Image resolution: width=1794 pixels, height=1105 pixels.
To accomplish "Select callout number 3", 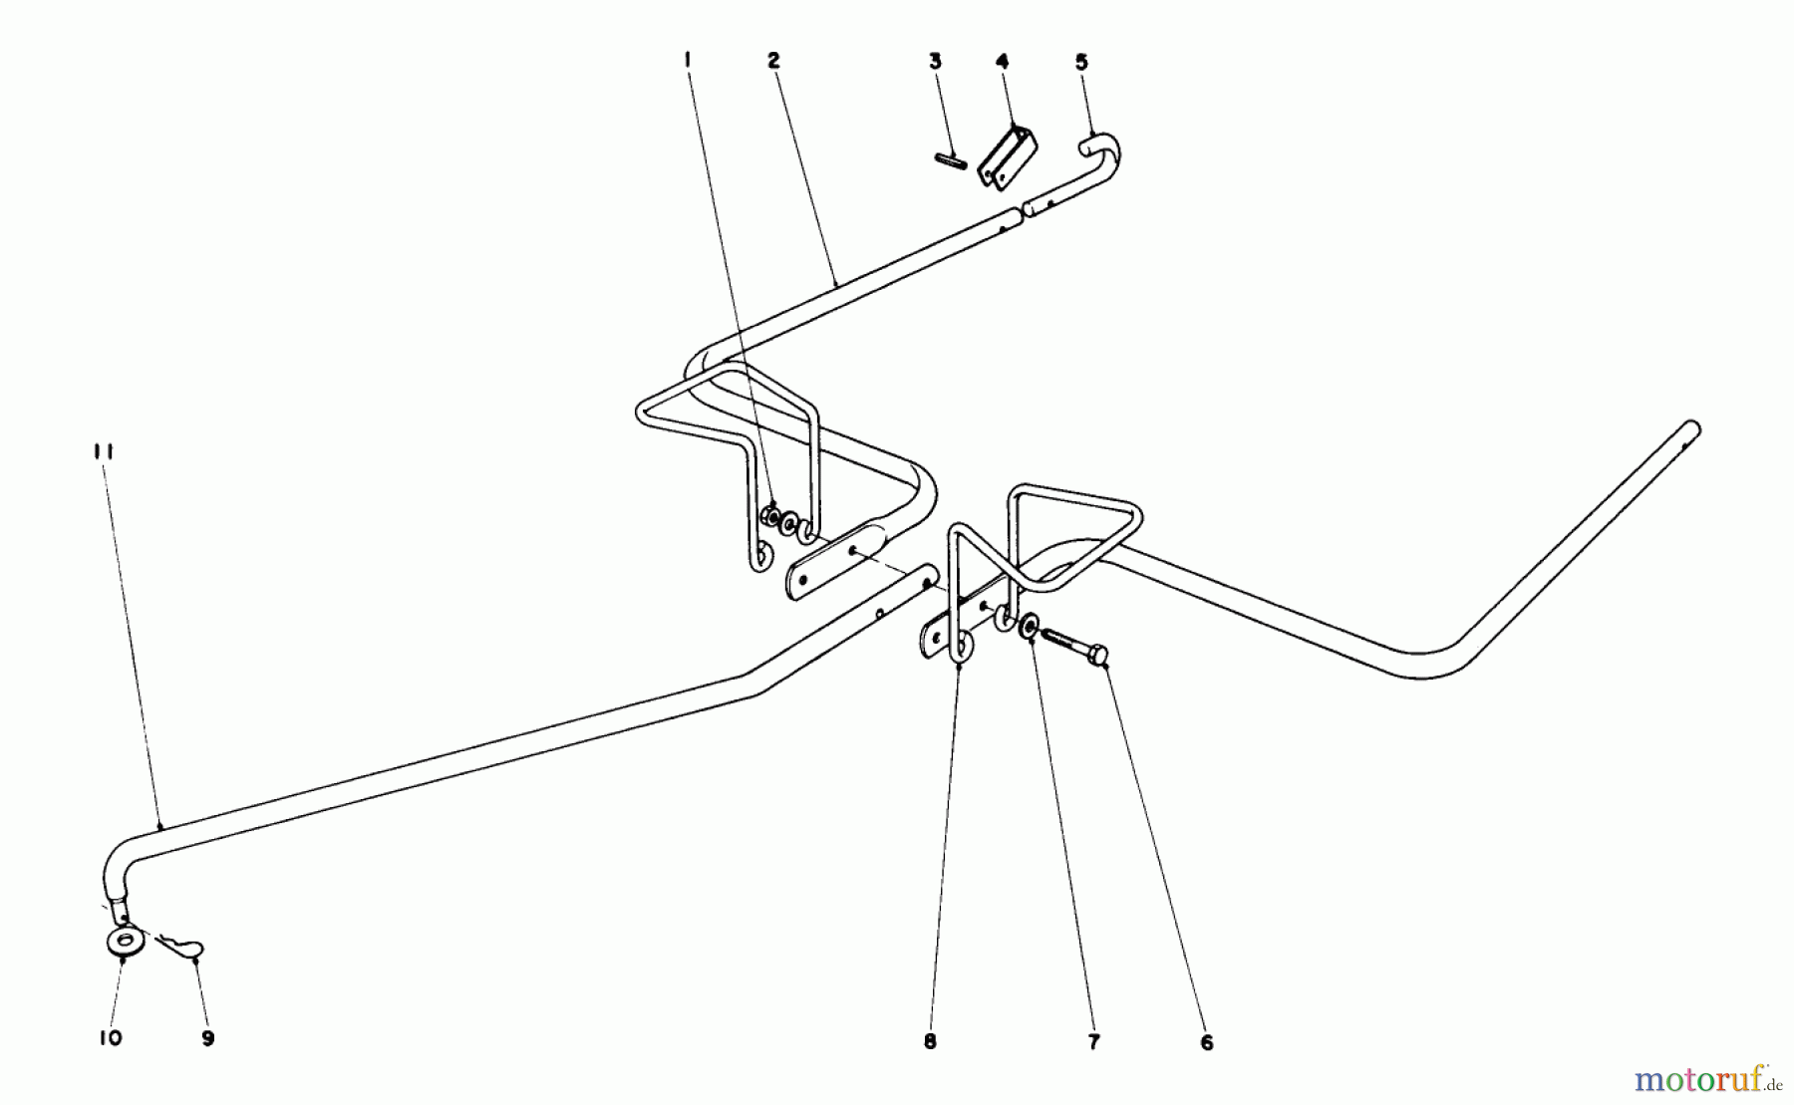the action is pyautogui.click(x=935, y=61).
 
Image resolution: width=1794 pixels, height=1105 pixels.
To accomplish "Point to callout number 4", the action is pyautogui.click(x=1002, y=61).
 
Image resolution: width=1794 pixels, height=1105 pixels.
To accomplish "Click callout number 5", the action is pyautogui.click(x=1081, y=62).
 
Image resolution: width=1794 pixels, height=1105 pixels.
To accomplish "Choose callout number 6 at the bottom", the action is pyautogui.click(x=1207, y=1043).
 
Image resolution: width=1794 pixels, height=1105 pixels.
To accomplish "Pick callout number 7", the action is pyautogui.click(x=1093, y=1042).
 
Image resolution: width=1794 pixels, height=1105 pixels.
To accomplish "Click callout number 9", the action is pyautogui.click(x=207, y=1038).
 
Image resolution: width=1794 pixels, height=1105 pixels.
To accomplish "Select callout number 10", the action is pyautogui.click(x=111, y=1038).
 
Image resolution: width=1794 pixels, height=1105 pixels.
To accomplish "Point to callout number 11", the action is pyautogui.click(x=105, y=451).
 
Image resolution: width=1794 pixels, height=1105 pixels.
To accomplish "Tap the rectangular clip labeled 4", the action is pyautogui.click(x=1007, y=157).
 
